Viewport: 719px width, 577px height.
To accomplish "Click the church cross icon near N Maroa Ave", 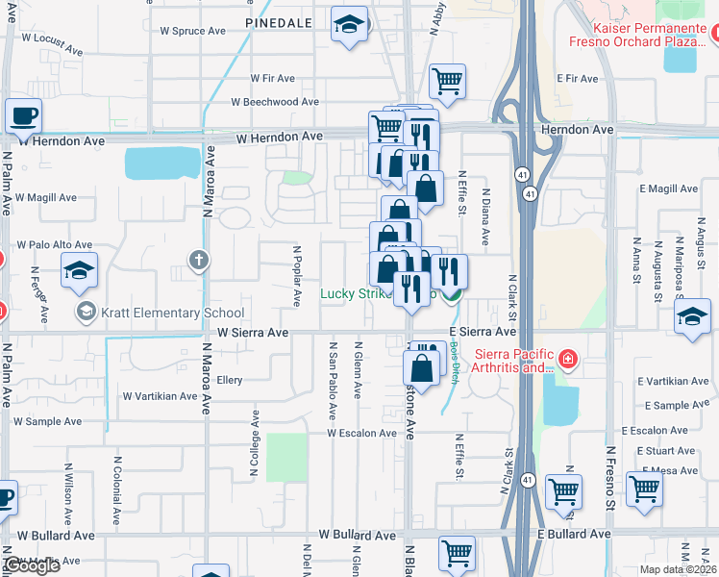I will tap(198, 260).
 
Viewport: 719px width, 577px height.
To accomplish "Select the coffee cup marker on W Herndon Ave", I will tap(23, 115).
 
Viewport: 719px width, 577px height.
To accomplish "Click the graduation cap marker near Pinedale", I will tap(348, 26).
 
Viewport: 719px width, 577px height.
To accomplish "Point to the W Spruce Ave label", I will tap(192, 31).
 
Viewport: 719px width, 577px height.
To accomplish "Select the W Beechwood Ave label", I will tap(275, 102).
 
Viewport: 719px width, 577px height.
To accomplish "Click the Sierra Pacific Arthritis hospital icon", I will tap(568, 359).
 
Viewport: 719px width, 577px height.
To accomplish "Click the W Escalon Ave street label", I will tap(361, 434).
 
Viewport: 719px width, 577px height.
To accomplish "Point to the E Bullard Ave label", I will tap(574, 534).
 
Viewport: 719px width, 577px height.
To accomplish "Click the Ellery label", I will tap(229, 381).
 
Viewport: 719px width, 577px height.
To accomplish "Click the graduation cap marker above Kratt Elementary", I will tap(79, 270).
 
